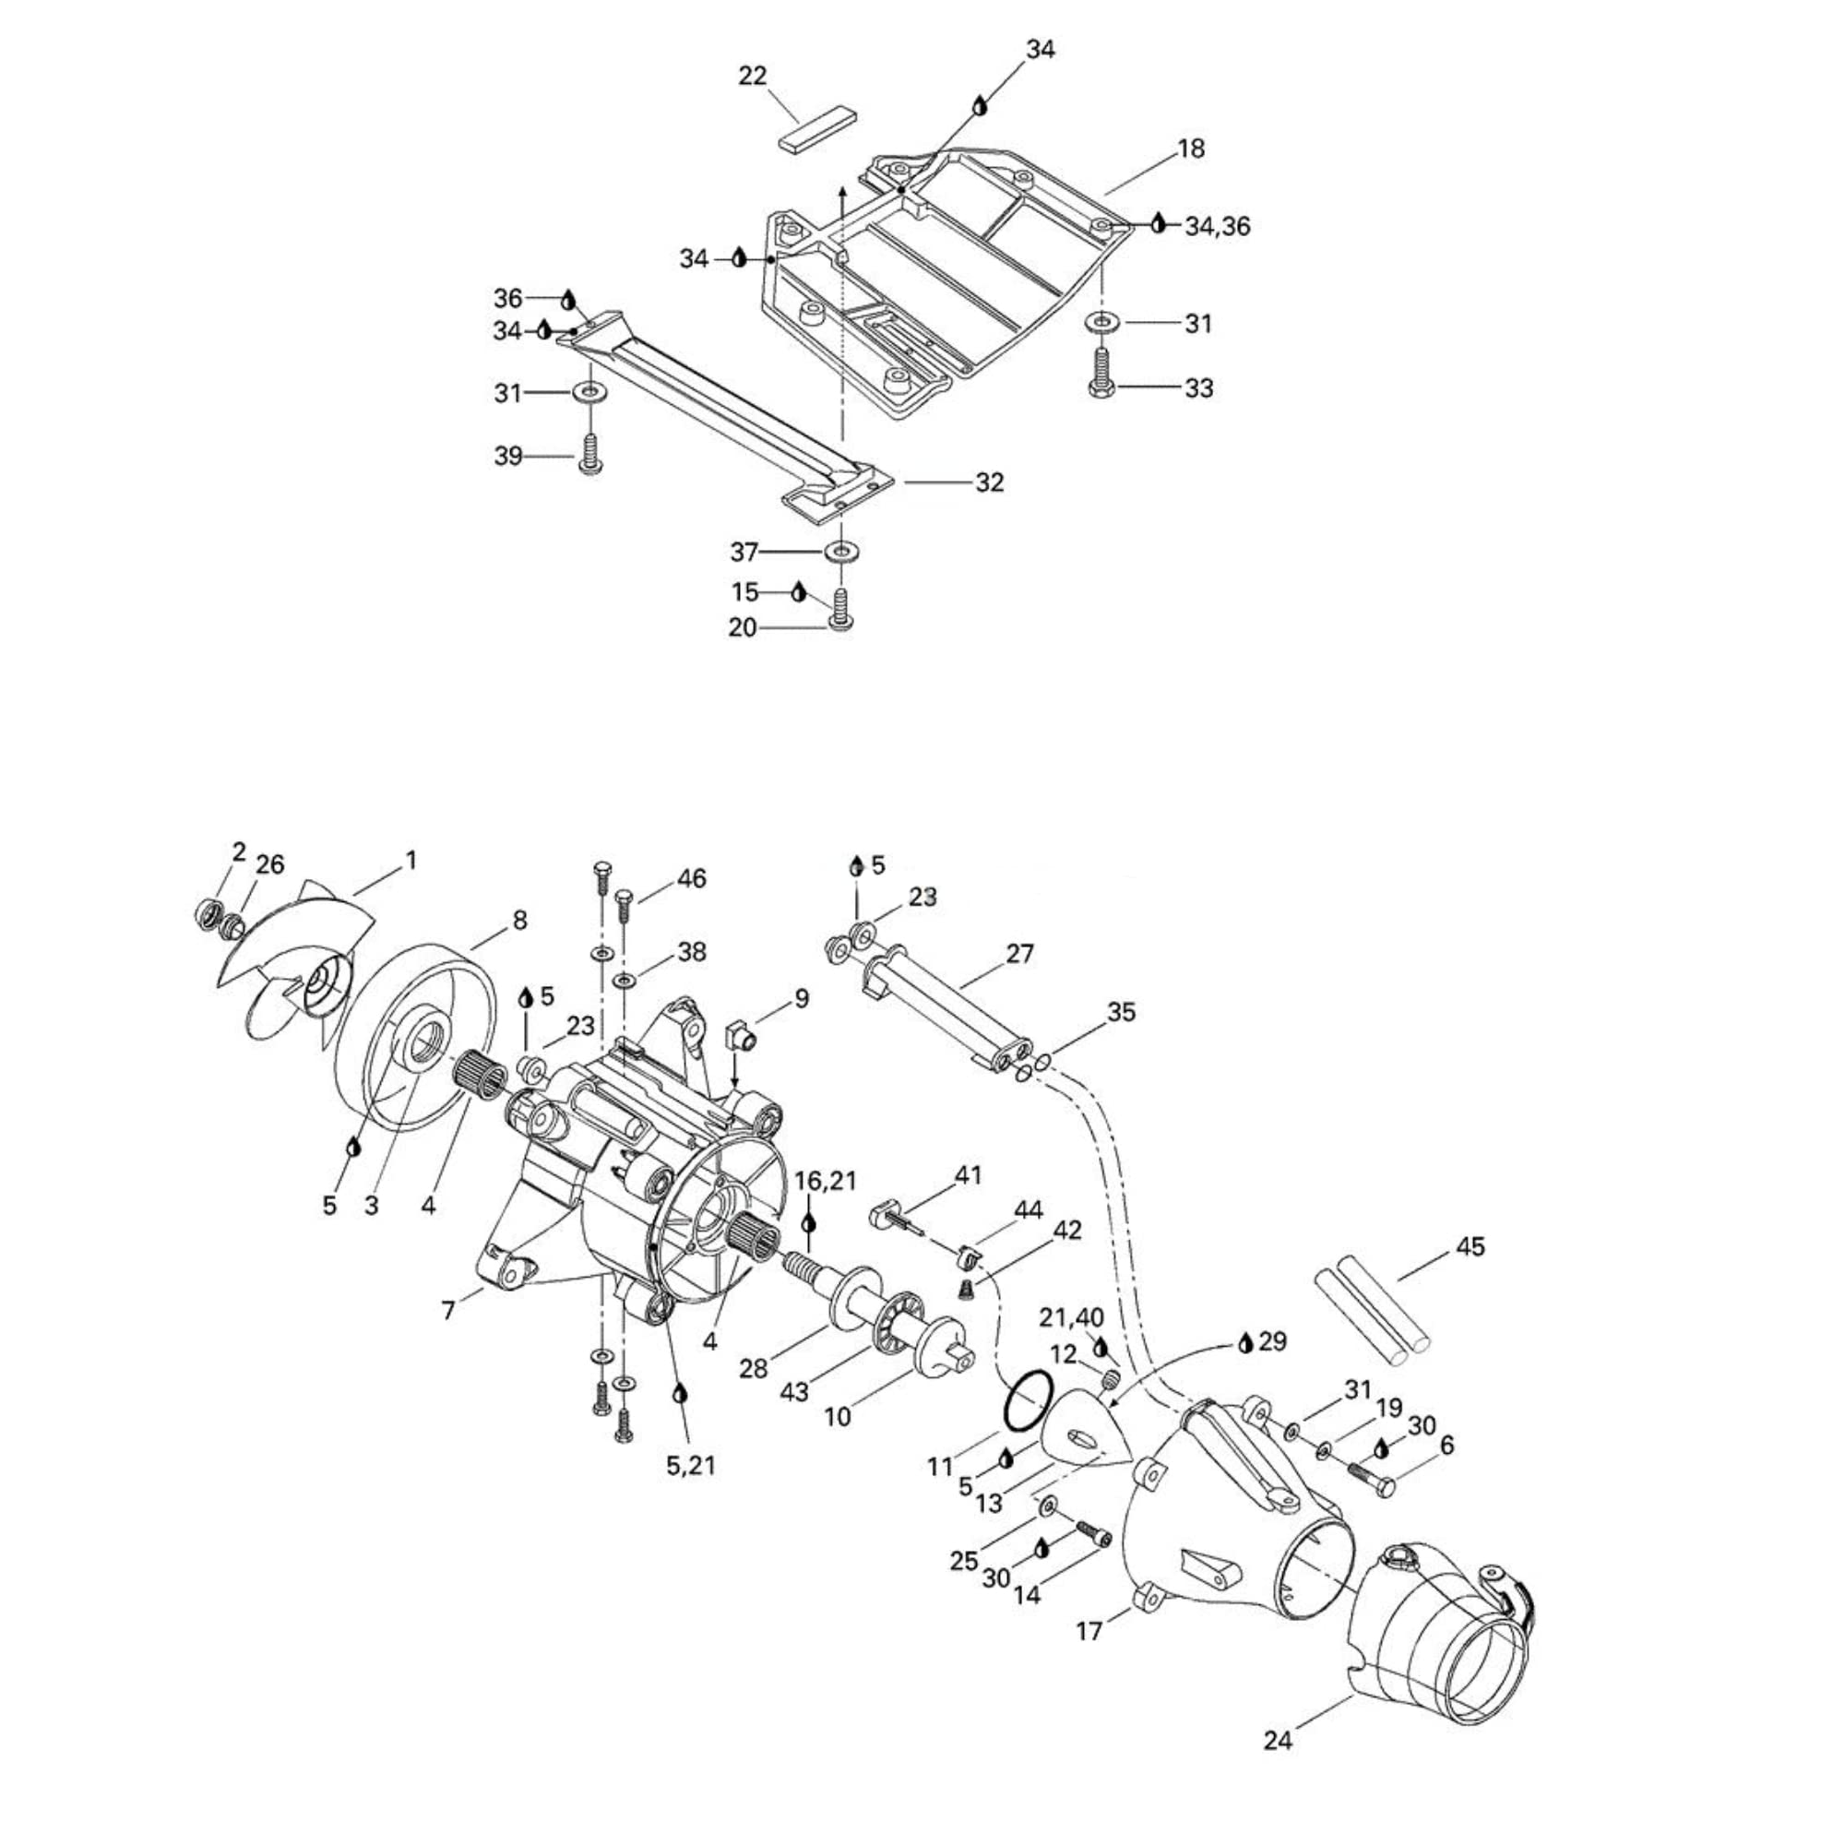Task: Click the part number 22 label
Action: coord(753,77)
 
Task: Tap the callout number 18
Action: coord(1191,149)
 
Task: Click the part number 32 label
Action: coord(989,482)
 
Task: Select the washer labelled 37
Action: coord(841,552)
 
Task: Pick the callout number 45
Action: coord(1470,1246)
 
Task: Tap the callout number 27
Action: coord(1020,953)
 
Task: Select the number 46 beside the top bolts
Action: coord(691,877)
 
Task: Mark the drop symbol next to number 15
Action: coord(798,592)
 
